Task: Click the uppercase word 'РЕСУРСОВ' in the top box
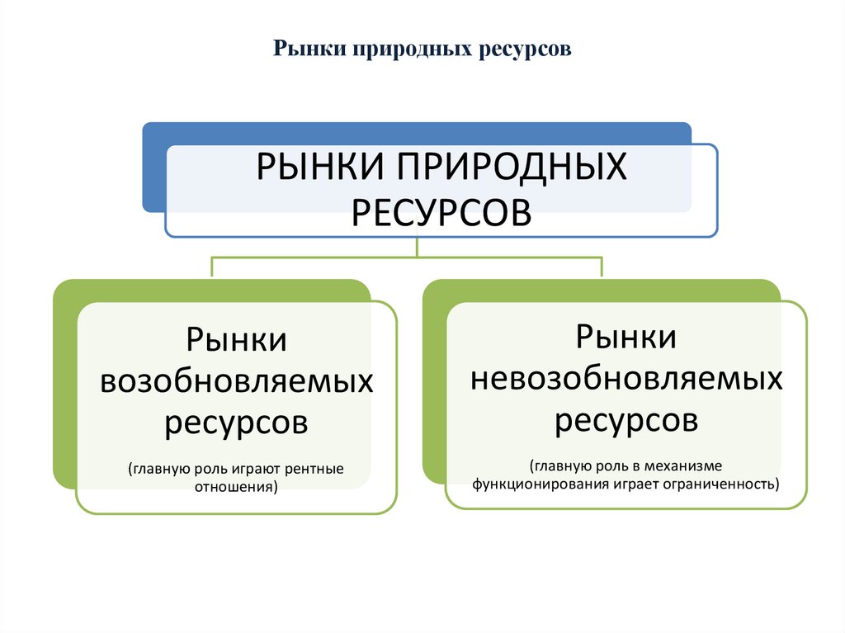tap(441, 214)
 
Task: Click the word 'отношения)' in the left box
tap(236, 487)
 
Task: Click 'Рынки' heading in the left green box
tap(236, 340)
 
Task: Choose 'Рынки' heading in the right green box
tap(626, 337)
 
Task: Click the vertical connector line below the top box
tap(418, 247)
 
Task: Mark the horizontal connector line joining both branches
tap(330, 257)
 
